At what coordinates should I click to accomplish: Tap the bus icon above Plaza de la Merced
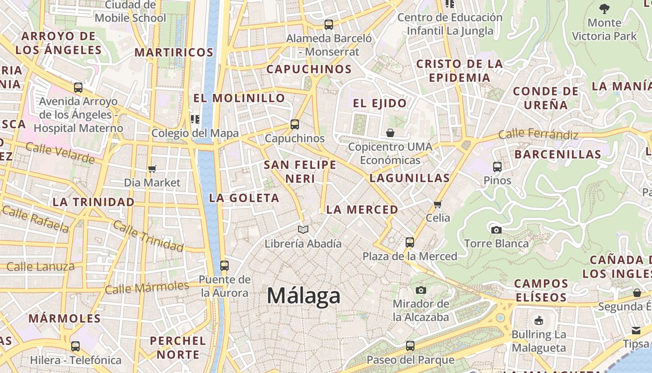410,242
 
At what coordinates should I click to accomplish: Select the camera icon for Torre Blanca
496,230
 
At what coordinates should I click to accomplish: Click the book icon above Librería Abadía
303,229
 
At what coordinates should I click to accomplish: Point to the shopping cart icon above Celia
438,204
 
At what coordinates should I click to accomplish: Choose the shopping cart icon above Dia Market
152,169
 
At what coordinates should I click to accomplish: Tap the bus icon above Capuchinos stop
295,124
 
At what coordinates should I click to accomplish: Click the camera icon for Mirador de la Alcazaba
421,290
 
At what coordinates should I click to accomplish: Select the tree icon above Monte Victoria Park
604,8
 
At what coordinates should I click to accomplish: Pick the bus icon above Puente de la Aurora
224,266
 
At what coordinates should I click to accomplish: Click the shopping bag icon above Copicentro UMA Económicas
390,133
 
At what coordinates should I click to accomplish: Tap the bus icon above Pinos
497,167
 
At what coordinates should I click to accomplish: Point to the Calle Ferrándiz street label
538,135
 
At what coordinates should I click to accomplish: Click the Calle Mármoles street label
147,287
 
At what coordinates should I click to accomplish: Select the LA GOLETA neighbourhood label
244,198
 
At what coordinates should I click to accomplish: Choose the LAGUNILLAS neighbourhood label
410,178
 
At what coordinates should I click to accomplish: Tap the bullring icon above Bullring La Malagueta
539,320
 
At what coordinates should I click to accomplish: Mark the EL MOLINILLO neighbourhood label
239,98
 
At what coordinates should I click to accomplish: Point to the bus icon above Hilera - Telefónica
75,346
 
